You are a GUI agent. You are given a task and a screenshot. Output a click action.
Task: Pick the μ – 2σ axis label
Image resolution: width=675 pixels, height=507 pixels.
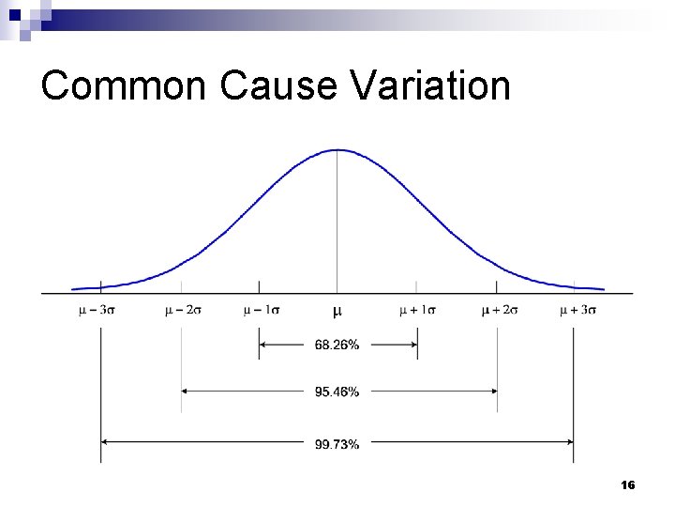[183, 310]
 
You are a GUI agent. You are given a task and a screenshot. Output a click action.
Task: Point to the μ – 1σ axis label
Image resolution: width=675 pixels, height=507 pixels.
[261, 310]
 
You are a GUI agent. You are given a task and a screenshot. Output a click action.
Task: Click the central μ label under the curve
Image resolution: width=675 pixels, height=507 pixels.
[337, 310]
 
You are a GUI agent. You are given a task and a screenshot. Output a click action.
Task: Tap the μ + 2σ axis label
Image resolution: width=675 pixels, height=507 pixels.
[499, 310]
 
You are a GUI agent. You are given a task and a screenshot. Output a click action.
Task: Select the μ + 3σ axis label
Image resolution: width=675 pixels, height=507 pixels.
[577, 310]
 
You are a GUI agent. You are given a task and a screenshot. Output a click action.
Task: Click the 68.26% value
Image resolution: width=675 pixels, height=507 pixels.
[337, 345]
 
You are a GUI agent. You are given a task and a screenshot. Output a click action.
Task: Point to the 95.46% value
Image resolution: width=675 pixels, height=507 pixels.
[337, 392]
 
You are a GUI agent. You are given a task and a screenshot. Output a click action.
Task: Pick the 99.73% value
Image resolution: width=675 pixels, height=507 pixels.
[337, 443]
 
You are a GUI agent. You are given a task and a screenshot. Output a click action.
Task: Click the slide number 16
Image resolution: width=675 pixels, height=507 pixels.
[628, 485]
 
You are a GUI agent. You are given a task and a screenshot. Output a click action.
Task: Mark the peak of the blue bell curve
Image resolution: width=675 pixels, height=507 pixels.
[337, 150]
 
